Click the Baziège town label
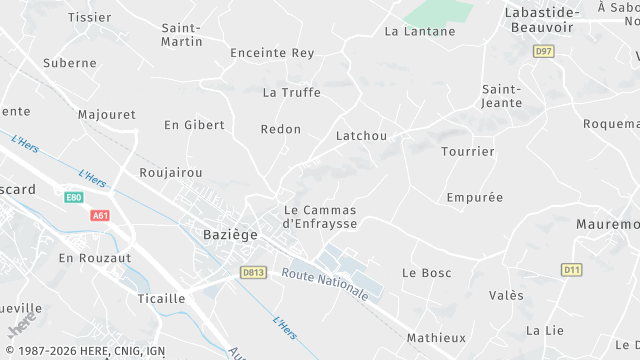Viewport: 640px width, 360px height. click(x=223, y=234)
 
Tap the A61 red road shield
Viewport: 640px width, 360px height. click(x=100, y=215)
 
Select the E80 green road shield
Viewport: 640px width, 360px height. click(x=73, y=197)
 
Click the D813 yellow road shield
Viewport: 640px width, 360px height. click(x=254, y=271)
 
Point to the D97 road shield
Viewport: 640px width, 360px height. click(x=543, y=50)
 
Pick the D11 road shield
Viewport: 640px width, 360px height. click(x=571, y=269)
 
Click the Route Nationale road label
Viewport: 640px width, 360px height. click(x=325, y=281)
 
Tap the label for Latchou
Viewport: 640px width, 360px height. click(x=361, y=135)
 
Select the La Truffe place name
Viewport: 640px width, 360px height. click(x=291, y=93)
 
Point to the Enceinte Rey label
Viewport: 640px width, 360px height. click(x=272, y=53)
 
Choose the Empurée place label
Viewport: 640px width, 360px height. click(x=475, y=197)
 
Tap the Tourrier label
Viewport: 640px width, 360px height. click(x=468, y=152)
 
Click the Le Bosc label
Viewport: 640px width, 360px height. click(x=427, y=272)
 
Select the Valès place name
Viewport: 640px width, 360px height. click(x=506, y=295)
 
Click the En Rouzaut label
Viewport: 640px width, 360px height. click(x=94, y=258)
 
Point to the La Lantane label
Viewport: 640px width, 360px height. click(x=420, y=31)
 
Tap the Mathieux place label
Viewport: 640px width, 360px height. click(x=436, y=338)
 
